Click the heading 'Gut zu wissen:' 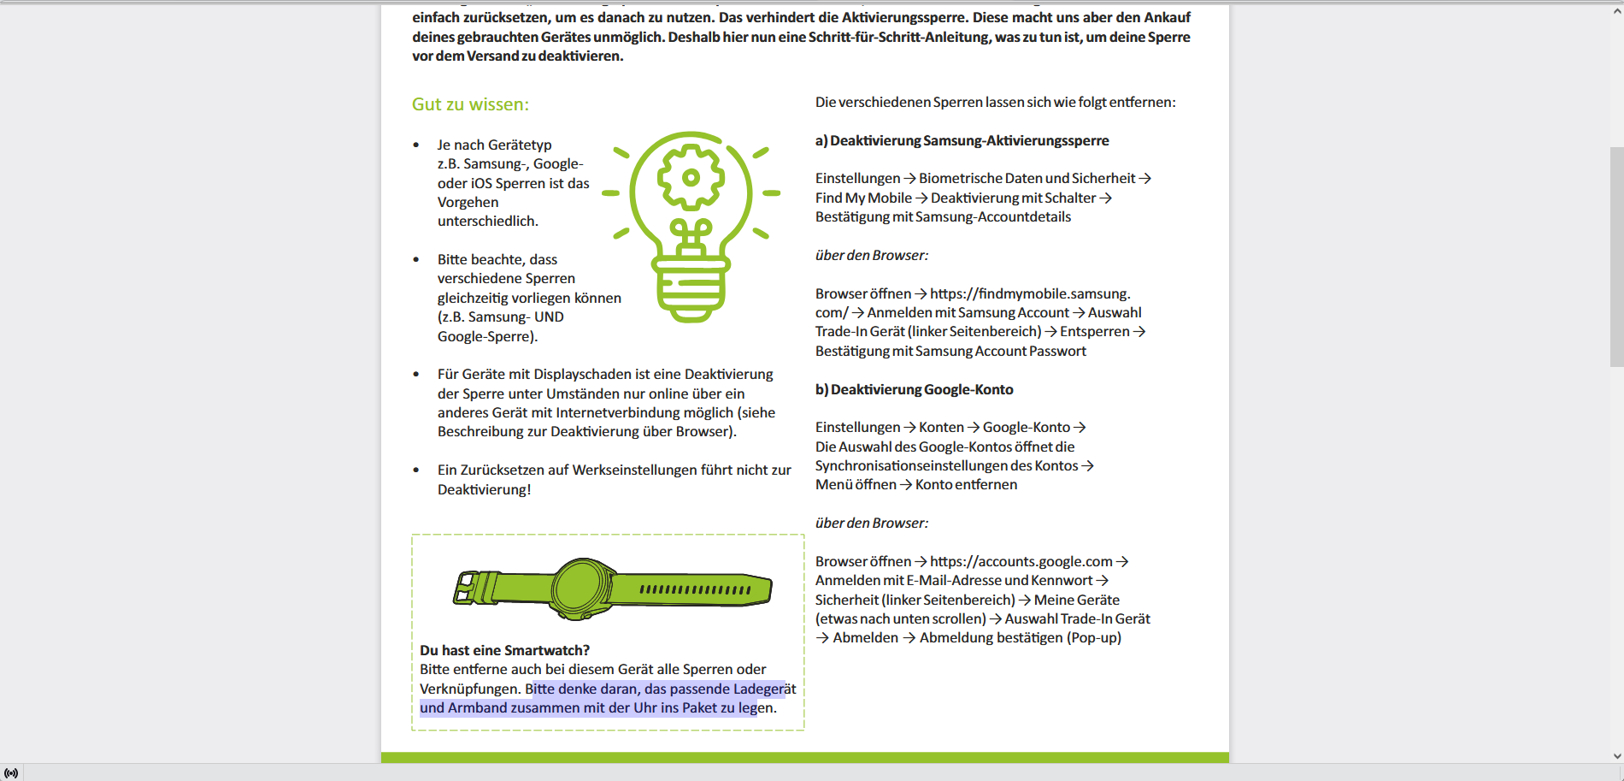click(470, 104)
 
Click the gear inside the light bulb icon click(691, 177)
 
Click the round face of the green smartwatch click(583, 589)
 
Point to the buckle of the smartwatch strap click(467, 588)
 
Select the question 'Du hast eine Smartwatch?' click(504, 650)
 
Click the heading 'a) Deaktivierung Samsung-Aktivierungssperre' click(962, 140)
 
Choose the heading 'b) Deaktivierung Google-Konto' click(914, 389)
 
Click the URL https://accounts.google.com click(1021, 561)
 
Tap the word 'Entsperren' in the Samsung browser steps click(1094, 331)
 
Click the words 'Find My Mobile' click(863, 198)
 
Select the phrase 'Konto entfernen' click(966, 484)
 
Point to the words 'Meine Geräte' click(1076, 600)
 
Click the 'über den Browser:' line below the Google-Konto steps click(871, 523)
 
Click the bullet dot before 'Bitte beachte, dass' click(416, 259)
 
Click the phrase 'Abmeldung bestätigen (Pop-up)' click(1020, 637)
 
